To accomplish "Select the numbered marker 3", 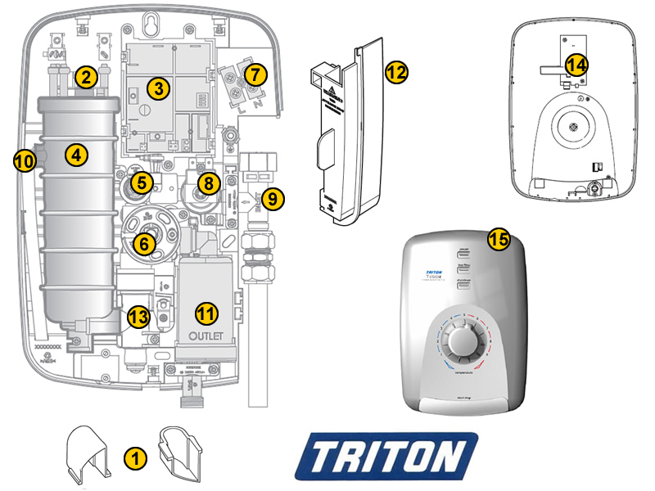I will click(158, 88).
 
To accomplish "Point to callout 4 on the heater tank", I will click(77, 153).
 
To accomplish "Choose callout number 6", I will click(143, 242).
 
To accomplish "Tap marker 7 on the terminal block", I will click(255, 74).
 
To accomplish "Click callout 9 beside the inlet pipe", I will click(273, 197).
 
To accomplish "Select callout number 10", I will click(25, 161).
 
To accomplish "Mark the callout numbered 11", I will click(206, 313).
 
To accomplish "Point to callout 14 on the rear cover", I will click(576, 65).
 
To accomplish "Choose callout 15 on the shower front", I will click(499, 239).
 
